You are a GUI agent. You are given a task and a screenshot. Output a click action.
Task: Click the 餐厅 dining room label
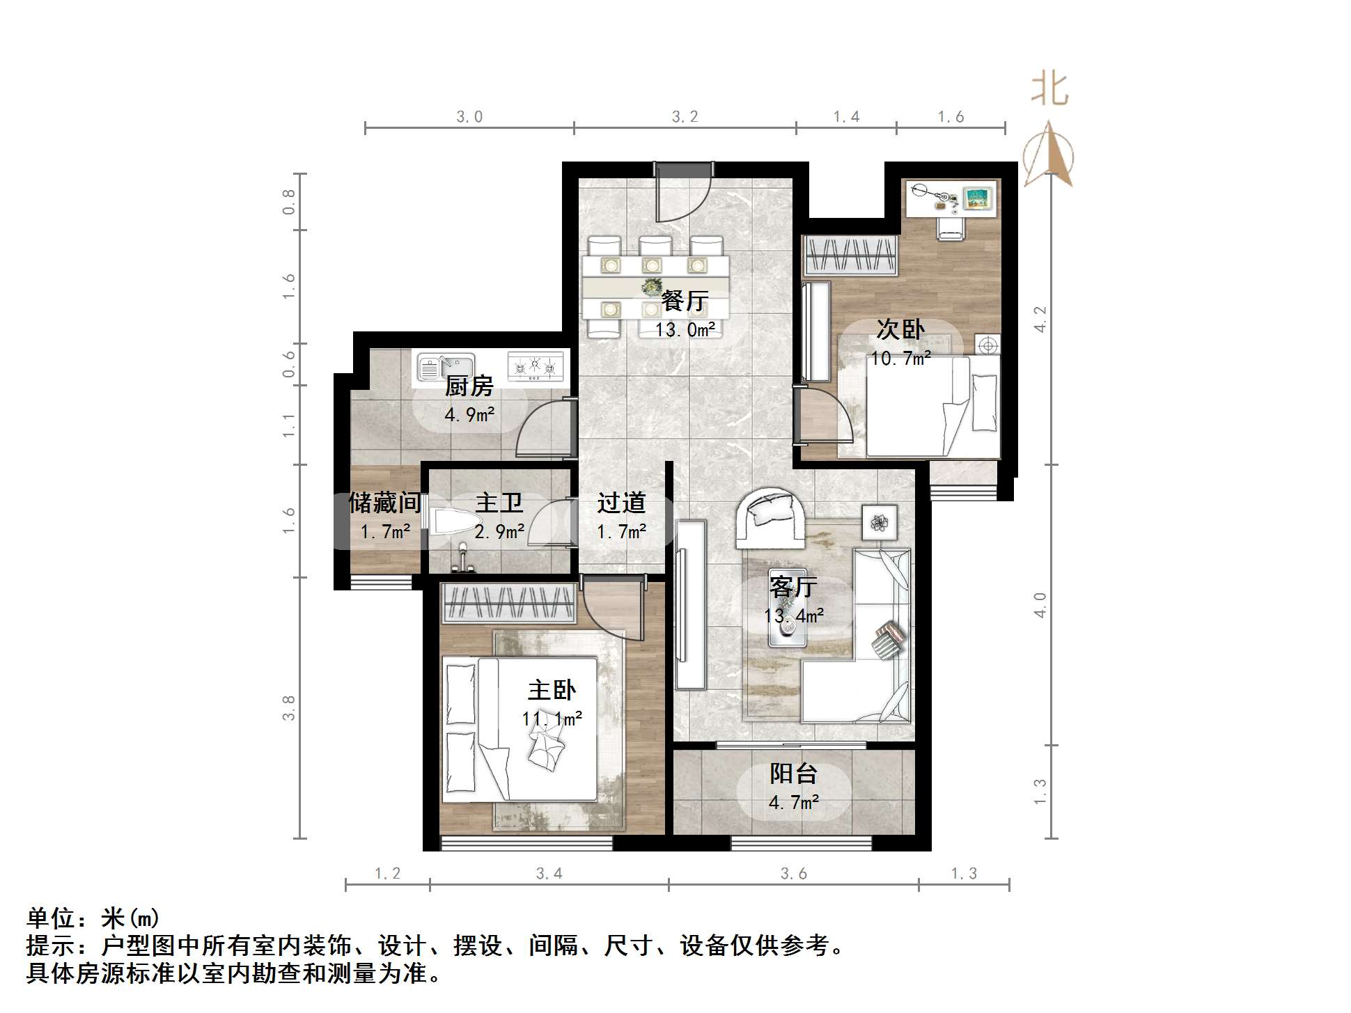point(685,301)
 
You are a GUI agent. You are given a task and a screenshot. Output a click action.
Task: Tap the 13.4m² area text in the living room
point(793,615)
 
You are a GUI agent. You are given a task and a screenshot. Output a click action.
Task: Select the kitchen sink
point(446,367)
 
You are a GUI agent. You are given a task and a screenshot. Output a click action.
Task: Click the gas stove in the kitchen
point(535,366)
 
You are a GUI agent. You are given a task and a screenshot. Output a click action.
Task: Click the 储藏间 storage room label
point(384,503)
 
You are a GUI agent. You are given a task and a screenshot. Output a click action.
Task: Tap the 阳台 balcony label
point(793,774)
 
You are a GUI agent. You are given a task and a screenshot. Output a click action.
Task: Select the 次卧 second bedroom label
point(900,329)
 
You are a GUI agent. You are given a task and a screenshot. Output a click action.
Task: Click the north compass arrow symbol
point(1049,155)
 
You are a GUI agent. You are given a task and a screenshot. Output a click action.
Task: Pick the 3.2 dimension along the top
point(685,117)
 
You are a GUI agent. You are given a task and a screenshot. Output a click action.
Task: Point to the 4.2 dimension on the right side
point(1040,319)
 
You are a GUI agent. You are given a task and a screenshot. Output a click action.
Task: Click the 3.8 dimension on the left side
point(289,707)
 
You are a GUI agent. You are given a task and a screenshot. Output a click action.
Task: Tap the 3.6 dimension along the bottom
point(793,874)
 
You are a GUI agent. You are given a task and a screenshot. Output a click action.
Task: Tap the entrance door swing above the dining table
point(682,195)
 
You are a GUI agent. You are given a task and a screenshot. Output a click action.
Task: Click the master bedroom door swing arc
point(613,613)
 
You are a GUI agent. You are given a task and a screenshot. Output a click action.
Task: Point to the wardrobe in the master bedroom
point(508,603)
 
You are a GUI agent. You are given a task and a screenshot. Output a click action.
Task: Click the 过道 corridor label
point(621,503)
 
